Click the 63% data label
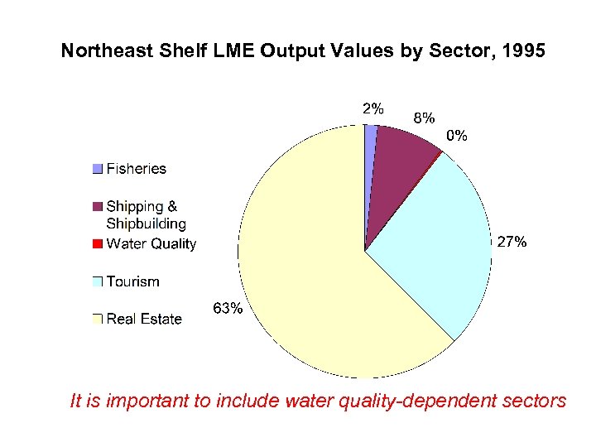(228, 309)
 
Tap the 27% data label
(511, 242)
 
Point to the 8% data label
(423, 118)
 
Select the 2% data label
(372, 108)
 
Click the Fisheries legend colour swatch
(97, 169)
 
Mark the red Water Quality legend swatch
(97, 243)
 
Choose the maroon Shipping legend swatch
(97, 206)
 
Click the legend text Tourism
(132, 281)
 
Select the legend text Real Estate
(144, 319)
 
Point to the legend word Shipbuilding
(146, 223)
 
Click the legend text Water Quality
(151, 243)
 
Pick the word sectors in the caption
(536, 401)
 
